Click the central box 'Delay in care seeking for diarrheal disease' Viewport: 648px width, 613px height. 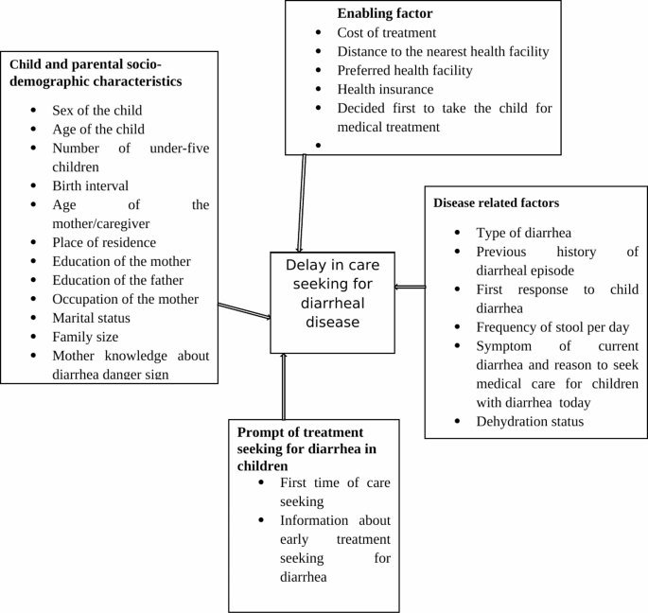(332, 302)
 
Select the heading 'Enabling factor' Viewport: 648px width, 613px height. (384, 13)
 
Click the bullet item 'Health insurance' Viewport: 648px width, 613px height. (385, 89)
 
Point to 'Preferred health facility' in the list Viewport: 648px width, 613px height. (405, 70)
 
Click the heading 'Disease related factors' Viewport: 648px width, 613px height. (496, 202)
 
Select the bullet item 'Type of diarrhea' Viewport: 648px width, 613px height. (523, 233)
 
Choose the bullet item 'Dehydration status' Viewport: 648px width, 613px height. (530, 421)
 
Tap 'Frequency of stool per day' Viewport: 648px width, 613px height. (552, 327)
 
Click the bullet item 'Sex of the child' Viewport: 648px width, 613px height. (97, 110)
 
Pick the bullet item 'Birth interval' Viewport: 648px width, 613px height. (90, 185)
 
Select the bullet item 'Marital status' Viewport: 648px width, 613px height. (91, 318)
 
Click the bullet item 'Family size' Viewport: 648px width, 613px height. (84, 337)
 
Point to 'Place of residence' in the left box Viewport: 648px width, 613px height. (104, 242)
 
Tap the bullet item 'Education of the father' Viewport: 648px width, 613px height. (117, 280)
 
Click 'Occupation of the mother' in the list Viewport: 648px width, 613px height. (125, 299)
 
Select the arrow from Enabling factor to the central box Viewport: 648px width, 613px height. (302, 202)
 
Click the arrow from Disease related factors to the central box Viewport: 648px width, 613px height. (410, 287)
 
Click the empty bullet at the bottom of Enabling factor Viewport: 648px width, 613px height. (321, 147)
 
